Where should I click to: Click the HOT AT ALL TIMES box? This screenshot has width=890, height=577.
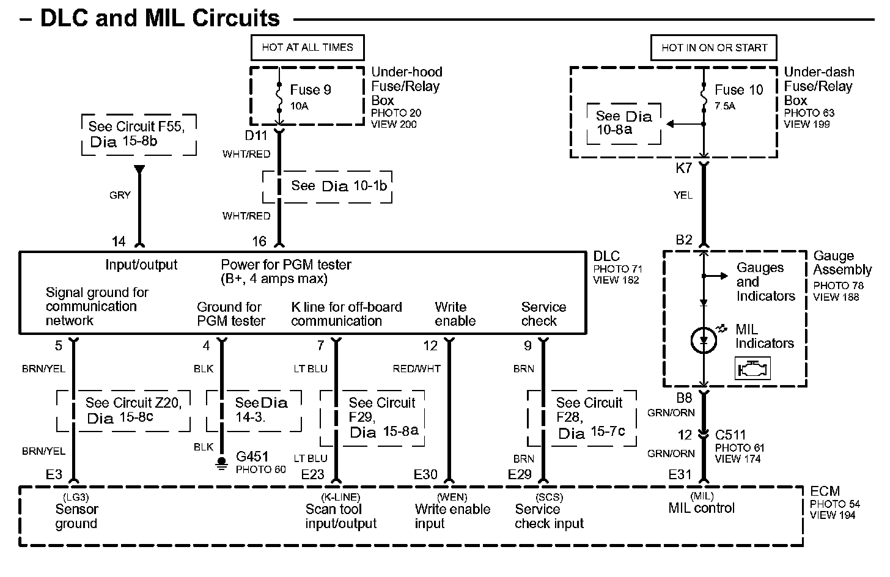(307, 47)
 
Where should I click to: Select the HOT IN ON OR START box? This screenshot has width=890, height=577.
(714, 47)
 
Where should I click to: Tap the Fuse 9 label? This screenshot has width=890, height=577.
(311, 90)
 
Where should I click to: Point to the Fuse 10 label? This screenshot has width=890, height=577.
(739, 90)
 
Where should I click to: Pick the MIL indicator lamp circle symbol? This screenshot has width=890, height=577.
(704, 340)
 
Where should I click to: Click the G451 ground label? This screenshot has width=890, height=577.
(252, 457)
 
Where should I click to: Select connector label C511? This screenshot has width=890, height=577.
(730, 435)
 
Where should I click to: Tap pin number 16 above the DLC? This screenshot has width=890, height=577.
(259, 241)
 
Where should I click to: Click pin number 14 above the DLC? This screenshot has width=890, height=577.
(119, 241)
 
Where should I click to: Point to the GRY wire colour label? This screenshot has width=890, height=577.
(120, 195)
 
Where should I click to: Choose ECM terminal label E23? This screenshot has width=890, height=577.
(313, 474)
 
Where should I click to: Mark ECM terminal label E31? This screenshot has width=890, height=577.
(680, 474)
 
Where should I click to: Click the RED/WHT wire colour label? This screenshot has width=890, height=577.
(416, 369)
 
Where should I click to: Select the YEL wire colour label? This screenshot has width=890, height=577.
(683, 195)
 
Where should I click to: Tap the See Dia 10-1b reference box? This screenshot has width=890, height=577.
(327, 186)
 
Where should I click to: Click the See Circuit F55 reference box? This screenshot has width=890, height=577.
(139, 134)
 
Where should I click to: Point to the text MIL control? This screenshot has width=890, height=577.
(702, 508)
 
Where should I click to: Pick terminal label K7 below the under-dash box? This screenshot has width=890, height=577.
(683, 168)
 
